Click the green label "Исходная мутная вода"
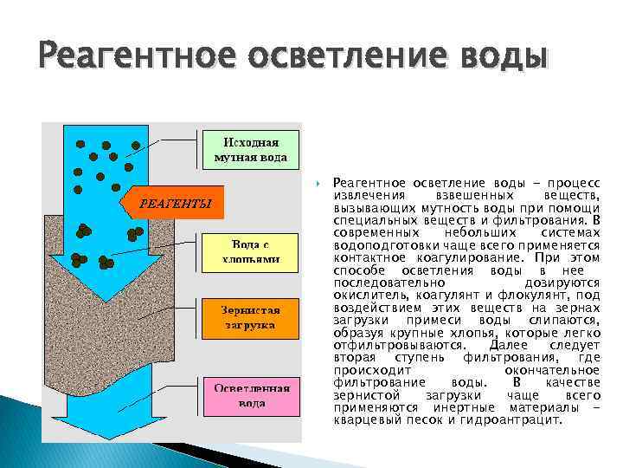click(251, 150)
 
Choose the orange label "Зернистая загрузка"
click(251, 318)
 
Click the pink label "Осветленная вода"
click(251, 396)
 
